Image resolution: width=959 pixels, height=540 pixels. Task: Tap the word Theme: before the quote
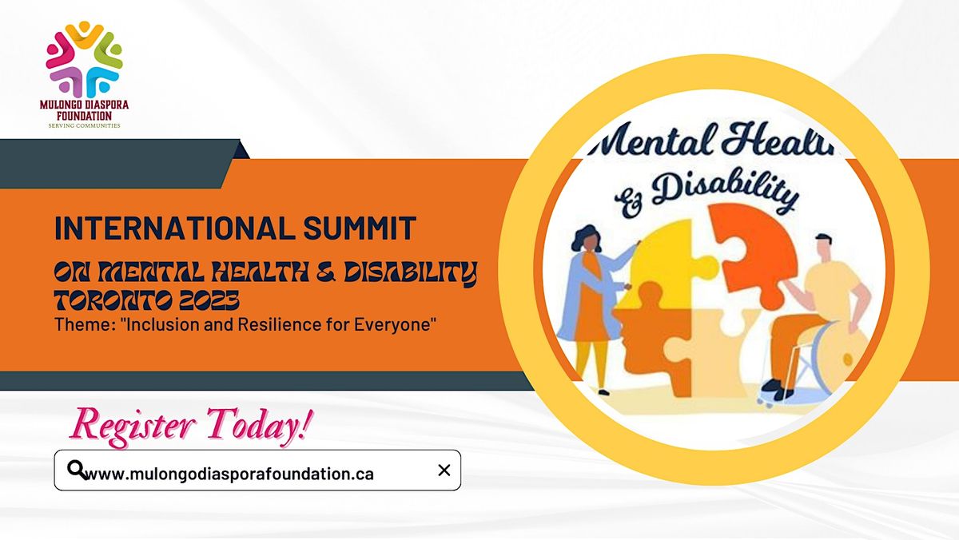pos(79,325)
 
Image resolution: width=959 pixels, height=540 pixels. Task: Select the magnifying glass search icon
pos(76,470)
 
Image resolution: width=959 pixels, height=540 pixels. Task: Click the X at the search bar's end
pos(444,471)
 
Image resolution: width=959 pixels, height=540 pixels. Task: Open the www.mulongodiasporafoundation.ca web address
pos(229,474)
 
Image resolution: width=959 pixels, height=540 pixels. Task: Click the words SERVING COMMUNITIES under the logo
pos(84,125)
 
